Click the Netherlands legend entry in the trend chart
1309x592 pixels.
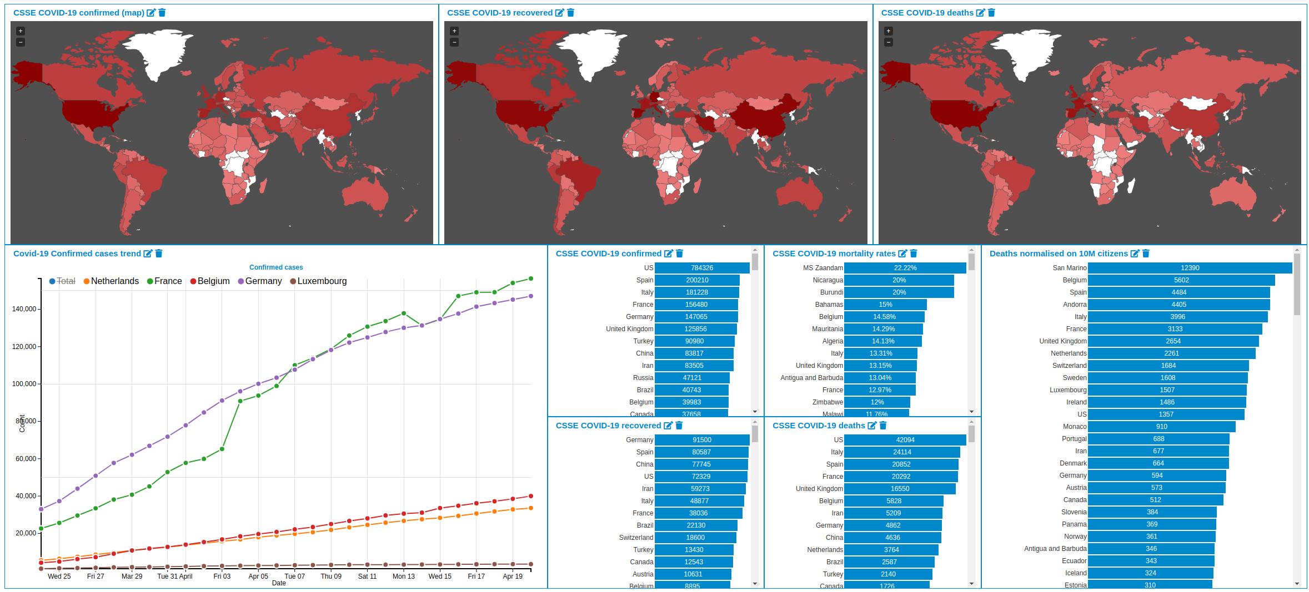(x=114, y=281)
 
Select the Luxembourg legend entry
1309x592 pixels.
(x=322, y=281)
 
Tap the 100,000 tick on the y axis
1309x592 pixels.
(x=24, y=384)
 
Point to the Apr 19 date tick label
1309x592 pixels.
(x=512, y=576)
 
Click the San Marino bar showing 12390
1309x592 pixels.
(x=1190, y=268)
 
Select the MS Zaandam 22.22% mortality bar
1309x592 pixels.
(x=905, y=268)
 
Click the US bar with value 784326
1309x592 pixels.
(x=702, y=268)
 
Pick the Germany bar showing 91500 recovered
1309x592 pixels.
(x=701, y=440)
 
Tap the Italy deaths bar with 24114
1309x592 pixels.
(x=902, y=452)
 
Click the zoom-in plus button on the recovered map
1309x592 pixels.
(x=454, y=31)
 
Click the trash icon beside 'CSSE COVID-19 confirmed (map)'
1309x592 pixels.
(x=162, y=13)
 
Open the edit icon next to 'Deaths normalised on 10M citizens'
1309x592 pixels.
(x=1135, y=254)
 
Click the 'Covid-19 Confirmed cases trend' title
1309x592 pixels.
(x=77, y=254)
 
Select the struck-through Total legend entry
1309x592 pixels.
(x=66, y=281)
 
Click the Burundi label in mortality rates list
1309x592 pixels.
(x=831, y=292)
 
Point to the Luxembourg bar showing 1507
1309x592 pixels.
(x=1167, y=390)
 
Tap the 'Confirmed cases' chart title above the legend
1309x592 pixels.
(x=276, y=267)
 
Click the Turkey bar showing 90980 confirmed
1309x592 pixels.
(x=694, y=341)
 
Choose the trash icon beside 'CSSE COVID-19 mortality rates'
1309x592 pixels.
(x=914, y=254)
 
